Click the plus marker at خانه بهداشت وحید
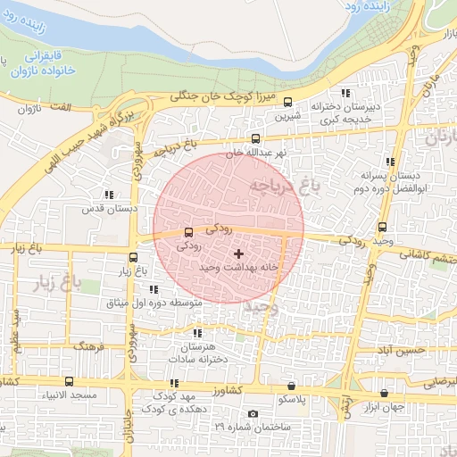pos(237,254)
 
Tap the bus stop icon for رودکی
pos(187,233)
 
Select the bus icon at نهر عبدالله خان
pos(256,138)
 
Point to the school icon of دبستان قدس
pos(109,194)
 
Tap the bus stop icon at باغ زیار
pos(133,257)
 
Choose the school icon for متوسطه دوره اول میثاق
pos(154,289)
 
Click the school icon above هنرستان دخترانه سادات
pos(197,333)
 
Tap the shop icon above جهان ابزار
pos(384,393)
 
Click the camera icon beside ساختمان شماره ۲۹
pos(253,414)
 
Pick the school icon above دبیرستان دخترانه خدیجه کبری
pos(345,94)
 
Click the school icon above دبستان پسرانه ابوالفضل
pos(390,162)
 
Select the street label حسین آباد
pos(399,351)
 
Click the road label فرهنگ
pos(90,345)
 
